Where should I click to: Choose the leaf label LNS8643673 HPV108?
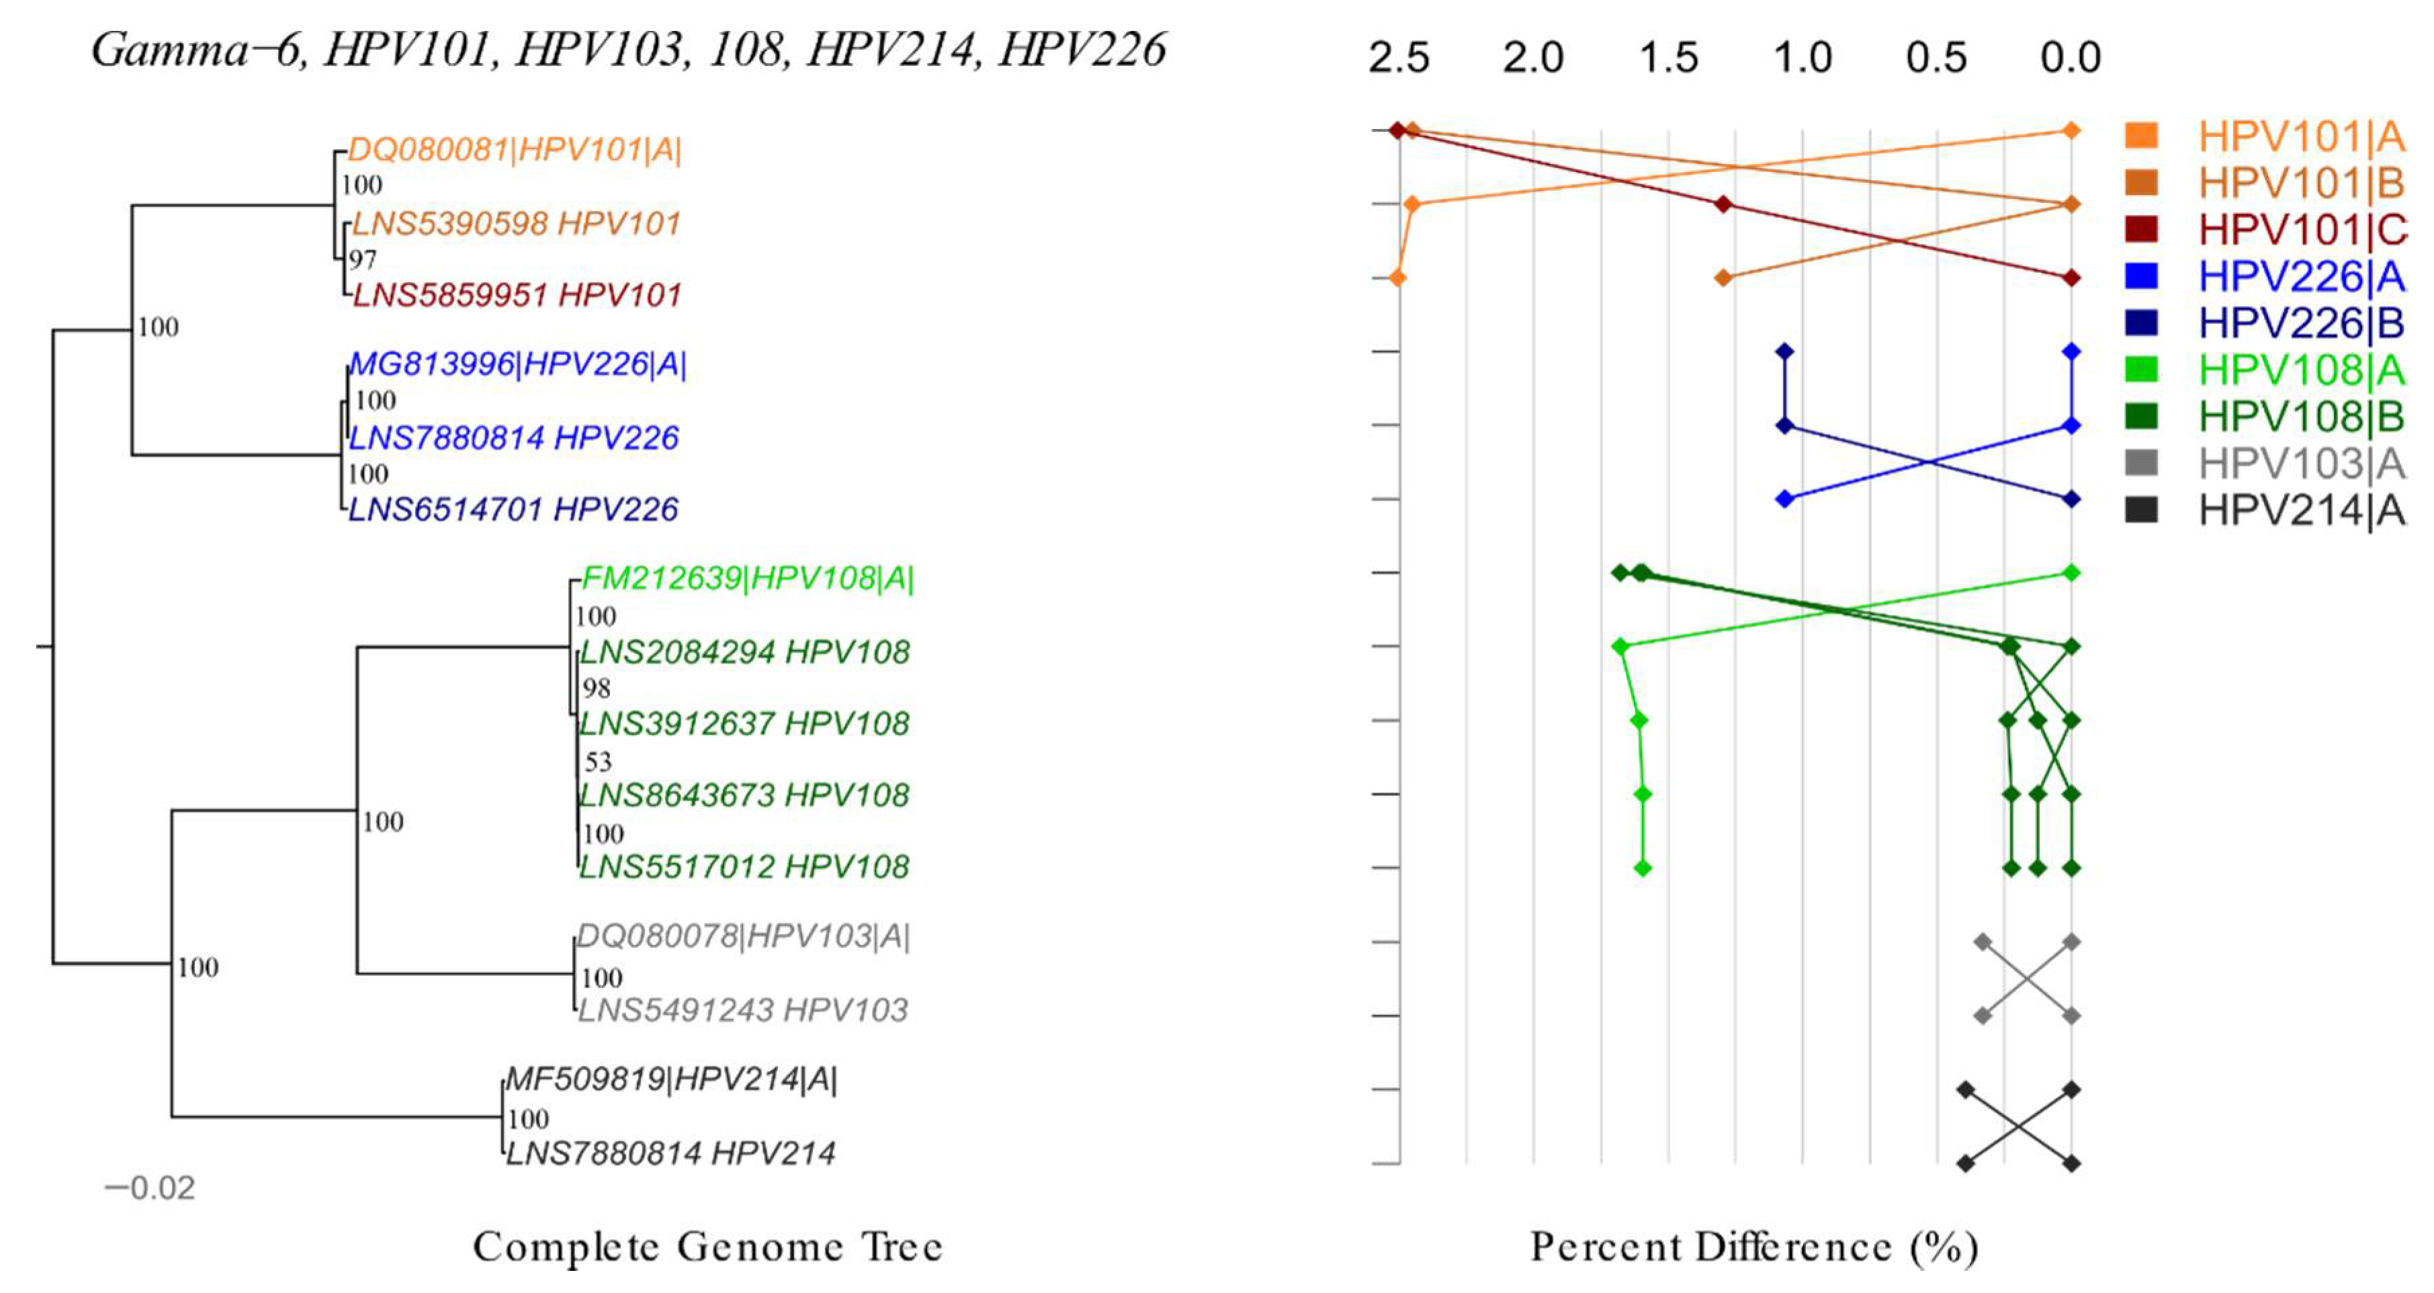pos(744,795)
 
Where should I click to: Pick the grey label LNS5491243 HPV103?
pos(742,1010)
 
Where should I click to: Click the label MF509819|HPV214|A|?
pos(671,1079)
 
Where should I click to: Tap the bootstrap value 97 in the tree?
pos(362,259)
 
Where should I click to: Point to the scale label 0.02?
pos(150,1188)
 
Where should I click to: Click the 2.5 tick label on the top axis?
pos(1399,58)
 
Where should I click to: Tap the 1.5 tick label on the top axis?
pos(1669,58)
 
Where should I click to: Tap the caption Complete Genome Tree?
pos(707,1247)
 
